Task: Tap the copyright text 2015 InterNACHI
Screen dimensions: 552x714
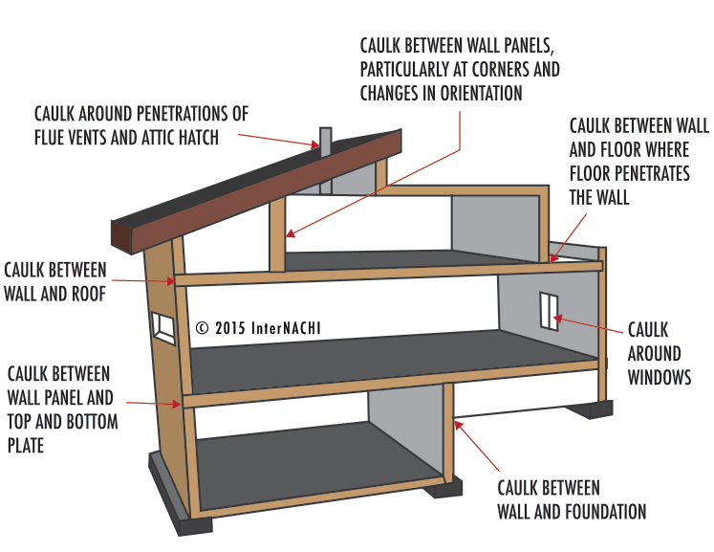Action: pos(258,327)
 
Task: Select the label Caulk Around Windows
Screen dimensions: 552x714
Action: pos(659,353)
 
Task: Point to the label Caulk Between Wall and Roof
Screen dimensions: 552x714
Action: pos(55,281)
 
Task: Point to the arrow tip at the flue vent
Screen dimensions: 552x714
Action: pos(318,145)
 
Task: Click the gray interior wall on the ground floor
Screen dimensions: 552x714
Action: pos(406,422)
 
